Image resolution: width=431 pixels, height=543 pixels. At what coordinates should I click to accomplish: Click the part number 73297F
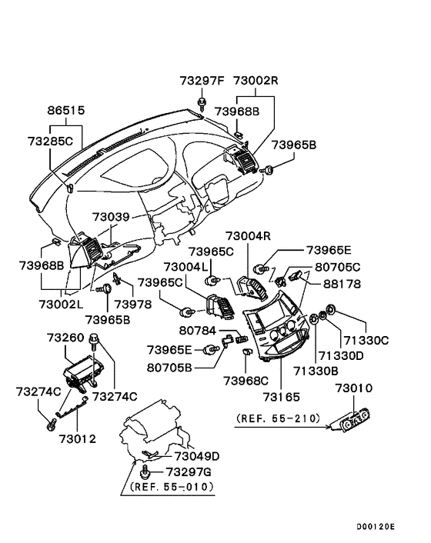202,81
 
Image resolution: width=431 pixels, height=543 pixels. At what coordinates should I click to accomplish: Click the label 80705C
338,267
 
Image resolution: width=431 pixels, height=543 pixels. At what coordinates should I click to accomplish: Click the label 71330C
367,339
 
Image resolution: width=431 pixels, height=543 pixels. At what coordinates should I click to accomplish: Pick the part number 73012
75,439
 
